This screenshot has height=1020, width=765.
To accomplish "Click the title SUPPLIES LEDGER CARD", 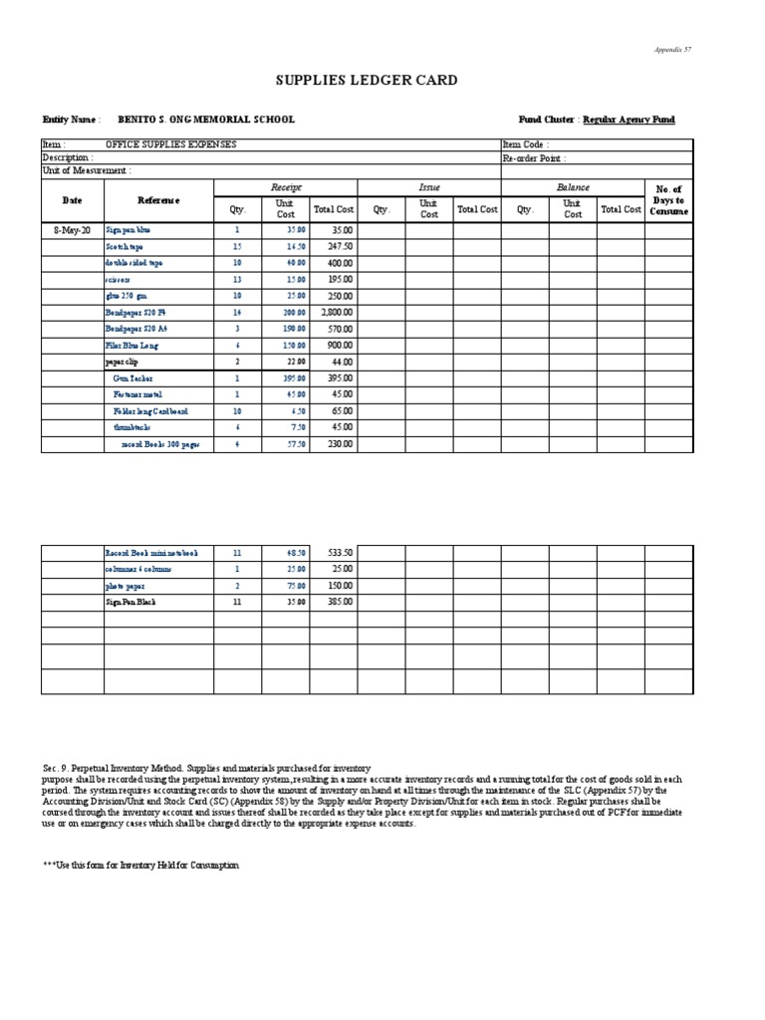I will coord(366,81).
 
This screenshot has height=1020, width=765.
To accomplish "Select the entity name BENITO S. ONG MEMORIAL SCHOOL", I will coord(206,120).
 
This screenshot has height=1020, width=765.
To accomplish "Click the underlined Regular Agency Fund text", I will coord(629,120).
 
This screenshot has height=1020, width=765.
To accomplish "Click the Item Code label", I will coord(526,144).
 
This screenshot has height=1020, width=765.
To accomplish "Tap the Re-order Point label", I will coord(535,157).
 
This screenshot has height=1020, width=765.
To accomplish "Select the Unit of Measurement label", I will coord(86,170).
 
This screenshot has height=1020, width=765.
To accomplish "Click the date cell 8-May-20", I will coord(72,230).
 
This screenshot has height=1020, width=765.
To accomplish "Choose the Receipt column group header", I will coord(286,187).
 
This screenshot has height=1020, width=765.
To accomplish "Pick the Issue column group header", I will coord(429,187).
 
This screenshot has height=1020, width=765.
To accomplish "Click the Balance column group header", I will coord(573,187).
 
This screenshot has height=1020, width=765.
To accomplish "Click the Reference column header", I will coord(158,200).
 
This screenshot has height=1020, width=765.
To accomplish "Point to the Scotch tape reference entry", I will coord(125,246).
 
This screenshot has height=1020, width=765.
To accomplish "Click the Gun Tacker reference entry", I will coord(133,379).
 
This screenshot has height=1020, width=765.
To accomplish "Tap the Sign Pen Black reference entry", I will coord(130,602).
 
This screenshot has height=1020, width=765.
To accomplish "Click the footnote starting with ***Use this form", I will coord(140,866).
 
